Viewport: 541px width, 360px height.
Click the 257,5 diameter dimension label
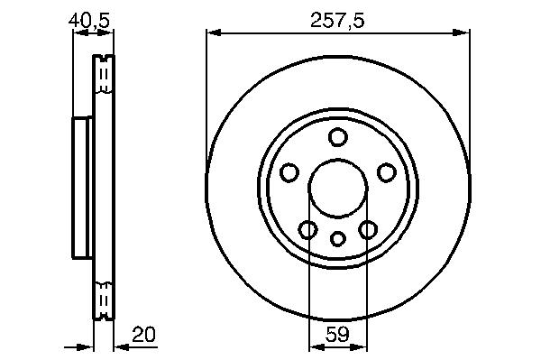pos(337,21)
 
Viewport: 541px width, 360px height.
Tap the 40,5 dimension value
pos(89,21)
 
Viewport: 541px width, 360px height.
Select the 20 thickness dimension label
pos(143,334)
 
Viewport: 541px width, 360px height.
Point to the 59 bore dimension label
pos(337,334)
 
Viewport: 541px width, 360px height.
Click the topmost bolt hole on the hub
pos(337,136)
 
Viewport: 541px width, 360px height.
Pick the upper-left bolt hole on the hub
pos(289,172)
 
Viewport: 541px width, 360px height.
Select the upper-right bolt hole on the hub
pos(386,172)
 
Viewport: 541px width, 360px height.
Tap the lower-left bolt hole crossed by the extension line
pos(307,229)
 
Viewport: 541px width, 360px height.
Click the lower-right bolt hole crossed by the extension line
pos(368,229)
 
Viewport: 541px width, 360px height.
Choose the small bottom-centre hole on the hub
pos(338,238)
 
